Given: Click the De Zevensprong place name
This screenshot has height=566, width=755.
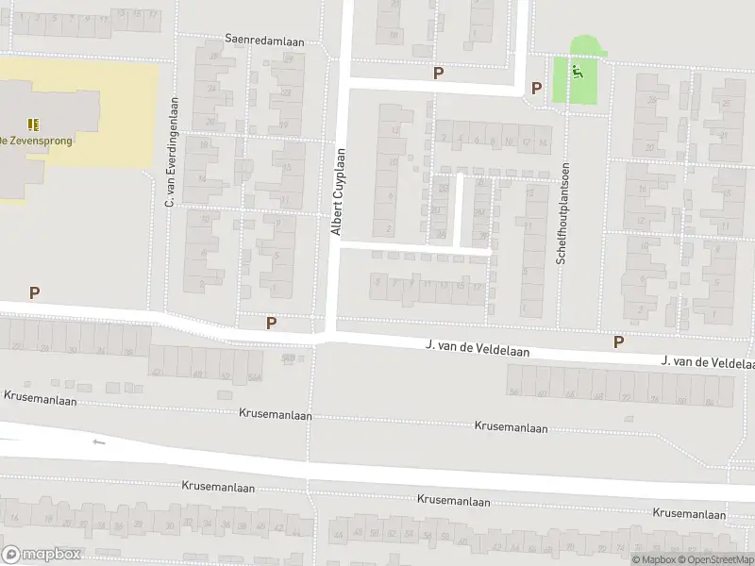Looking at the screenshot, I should (36, 141).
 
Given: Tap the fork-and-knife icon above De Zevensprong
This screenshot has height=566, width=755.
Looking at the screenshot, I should (34, 124).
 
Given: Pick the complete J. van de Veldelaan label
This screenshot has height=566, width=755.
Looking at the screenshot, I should (478, 350).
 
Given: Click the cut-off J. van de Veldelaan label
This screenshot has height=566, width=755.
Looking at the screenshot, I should (708, 361).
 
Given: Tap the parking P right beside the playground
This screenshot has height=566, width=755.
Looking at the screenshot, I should (536, 89).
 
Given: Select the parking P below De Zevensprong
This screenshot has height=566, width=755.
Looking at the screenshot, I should (34, 293).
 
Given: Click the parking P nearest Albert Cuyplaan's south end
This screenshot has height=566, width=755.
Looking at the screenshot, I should (271, 323).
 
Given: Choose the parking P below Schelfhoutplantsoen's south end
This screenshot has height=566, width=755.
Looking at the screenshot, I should (619, 341).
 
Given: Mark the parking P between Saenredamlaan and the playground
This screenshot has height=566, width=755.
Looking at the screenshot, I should (437, 73).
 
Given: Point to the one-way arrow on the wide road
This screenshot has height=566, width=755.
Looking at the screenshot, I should (98, 441).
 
